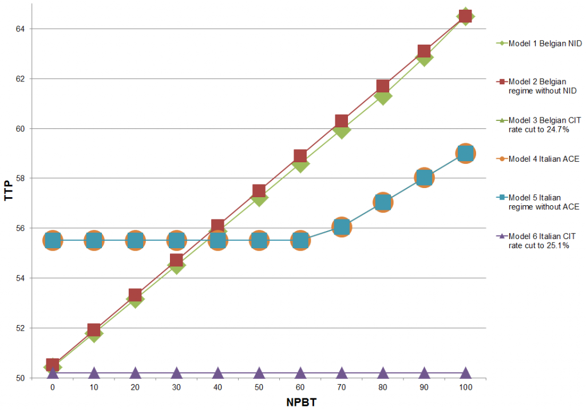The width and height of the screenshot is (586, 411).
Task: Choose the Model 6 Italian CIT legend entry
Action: (541, 241)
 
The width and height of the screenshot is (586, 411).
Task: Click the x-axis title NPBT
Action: (301, 402)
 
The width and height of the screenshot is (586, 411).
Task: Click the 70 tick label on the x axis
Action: (341, 387)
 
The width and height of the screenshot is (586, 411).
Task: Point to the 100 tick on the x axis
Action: (465, 387)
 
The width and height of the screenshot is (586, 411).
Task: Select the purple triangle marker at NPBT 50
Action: (259, 373)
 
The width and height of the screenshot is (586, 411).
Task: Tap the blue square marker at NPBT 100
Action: (465, 154)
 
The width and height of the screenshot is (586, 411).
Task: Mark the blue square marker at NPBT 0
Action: (53, 241)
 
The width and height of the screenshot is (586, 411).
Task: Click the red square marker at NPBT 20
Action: (135, 296)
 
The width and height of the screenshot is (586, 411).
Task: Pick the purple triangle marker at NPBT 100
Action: (465, 373)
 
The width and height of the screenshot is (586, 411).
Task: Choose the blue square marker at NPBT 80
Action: (383, 202)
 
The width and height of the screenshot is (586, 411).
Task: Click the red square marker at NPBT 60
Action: (300, 156)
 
